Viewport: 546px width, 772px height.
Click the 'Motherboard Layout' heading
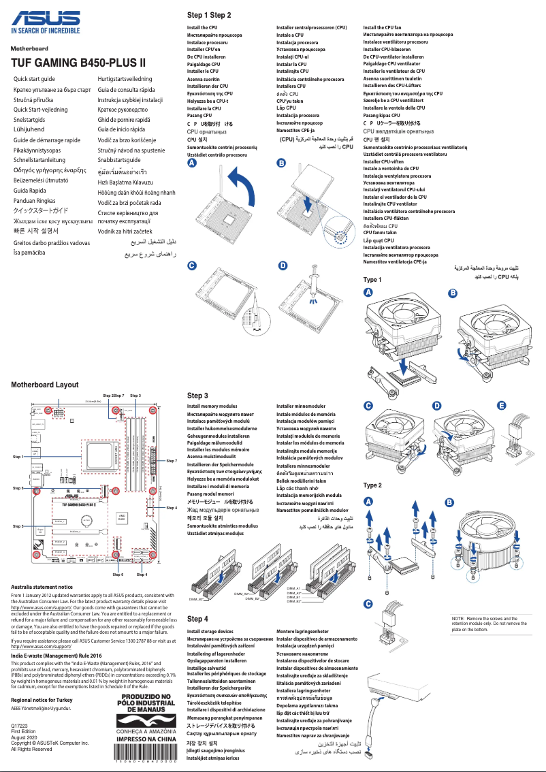tap(45, 385)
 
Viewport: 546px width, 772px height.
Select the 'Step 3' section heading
tap(197, 396)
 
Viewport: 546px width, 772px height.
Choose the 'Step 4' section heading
tap(197, 619)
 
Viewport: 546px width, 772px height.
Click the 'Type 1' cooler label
tap(372, 280)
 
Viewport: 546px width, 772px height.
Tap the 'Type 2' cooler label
tap(372, 485)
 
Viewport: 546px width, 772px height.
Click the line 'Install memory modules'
tap(212, 406)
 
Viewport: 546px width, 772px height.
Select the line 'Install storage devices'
tap(210, 632)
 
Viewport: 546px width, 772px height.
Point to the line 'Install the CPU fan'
tap(383, 27)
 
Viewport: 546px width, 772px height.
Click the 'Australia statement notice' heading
tap(42, 586)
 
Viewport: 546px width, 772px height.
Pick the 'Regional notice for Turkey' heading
tap(42, 700)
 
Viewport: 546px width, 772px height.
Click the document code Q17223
tap(20, 726)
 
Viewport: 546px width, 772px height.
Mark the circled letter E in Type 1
tap(502, 406)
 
